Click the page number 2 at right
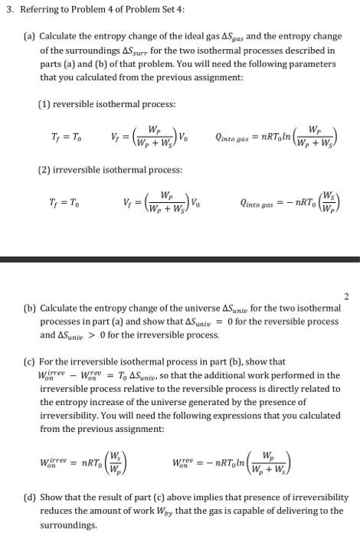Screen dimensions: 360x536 coord(346,295)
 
